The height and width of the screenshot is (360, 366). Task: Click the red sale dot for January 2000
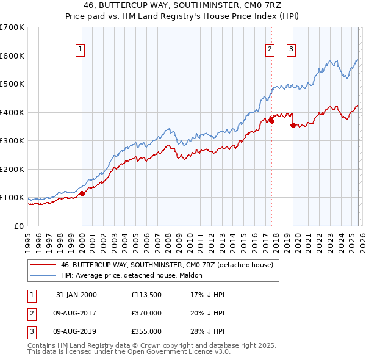[x=82, y=193]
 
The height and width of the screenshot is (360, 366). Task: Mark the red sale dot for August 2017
[x=271, y=121]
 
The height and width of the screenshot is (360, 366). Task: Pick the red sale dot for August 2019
[x=293, y=125]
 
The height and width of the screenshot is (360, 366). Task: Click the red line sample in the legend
[x=43, y=265]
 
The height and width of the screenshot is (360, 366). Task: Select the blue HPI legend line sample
[x=43, y=275]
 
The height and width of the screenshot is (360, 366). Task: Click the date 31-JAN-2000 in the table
[x=76, y=295]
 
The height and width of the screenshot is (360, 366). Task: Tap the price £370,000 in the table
[x=146, y=313]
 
